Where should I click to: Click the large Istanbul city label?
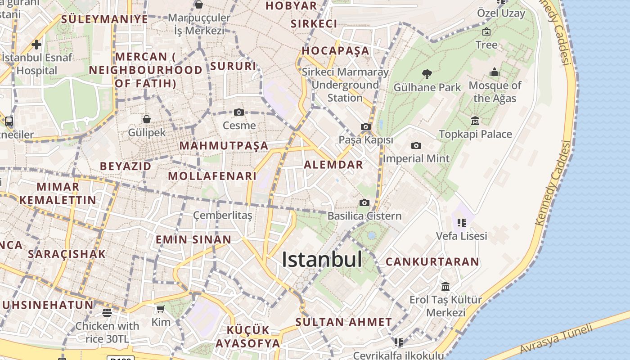point(322,260)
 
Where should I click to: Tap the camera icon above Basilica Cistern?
point(364,202)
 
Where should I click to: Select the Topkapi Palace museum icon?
point(475,121)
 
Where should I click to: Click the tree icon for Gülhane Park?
point(427,74)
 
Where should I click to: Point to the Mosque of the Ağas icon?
point(495,72)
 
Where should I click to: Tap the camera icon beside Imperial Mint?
point(416,145)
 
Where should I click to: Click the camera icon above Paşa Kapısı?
point(366,127)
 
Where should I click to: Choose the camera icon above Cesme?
point(239,112)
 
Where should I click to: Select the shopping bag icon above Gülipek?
point(147,119)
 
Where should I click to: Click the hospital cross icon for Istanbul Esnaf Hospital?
point(36,45)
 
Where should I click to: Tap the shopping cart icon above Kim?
point(161,309)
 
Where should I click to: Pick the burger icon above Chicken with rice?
point(107,312)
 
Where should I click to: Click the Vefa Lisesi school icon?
point(461,222)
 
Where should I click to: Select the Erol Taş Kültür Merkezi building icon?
point(445,286)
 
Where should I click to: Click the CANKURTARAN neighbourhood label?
point(432,261)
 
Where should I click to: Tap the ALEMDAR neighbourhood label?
point(333,165)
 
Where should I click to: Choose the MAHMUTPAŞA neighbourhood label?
point(224,146)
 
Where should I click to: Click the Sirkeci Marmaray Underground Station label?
point(345,85)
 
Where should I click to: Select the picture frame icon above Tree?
point(486,31)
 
